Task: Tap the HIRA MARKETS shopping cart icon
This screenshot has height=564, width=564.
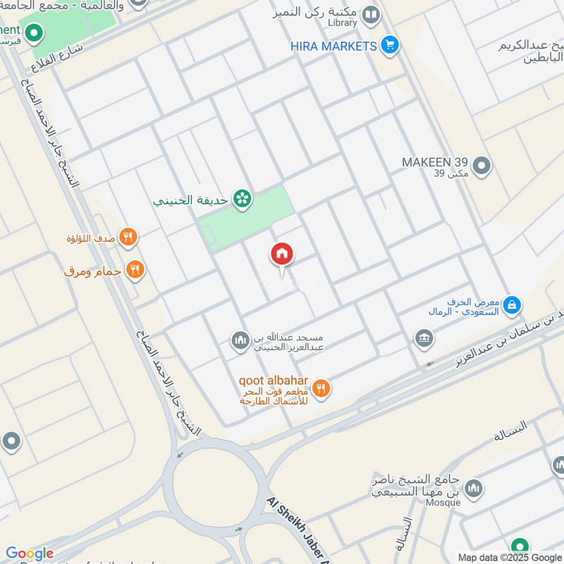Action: tap(388, 46)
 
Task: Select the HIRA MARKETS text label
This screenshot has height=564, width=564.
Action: tap(333, 46)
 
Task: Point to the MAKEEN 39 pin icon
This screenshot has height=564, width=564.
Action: tap(482, 166)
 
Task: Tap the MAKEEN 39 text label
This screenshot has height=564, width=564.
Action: tap(434, 162)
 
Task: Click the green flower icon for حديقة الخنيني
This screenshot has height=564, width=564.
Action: tap(243, 200)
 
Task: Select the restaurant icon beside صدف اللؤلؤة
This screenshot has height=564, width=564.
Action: tap(128, 237)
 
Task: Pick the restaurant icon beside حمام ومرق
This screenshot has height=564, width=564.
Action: tap(134, 269)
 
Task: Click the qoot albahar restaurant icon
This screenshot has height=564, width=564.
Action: tap(321, 388)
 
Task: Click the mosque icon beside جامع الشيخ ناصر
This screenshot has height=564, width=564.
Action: tap(474, 488)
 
